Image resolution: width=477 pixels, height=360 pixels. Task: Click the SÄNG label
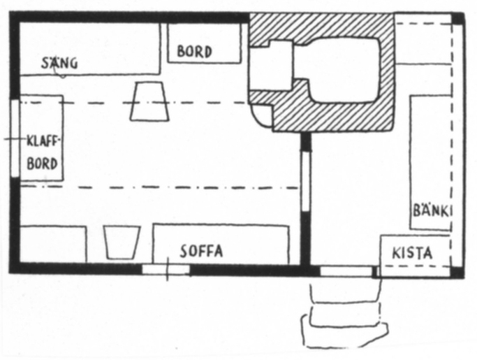(x=59, y=63)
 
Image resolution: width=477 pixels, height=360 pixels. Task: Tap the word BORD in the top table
(x=194, y=52)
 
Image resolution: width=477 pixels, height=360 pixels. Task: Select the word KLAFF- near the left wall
(x=44, y=141)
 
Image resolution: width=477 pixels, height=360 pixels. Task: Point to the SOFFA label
(x=201, y=251)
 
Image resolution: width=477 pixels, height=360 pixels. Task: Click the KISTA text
(x=412, y=253)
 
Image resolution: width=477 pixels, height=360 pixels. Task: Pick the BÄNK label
(x=432, y=211)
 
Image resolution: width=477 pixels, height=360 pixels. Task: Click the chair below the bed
(x=149, y=101)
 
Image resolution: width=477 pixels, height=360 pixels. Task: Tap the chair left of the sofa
(x=122, y=243)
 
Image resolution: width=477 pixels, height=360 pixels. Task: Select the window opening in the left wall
(x=15, y=138)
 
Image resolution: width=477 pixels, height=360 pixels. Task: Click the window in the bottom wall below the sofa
(x=166, y=270)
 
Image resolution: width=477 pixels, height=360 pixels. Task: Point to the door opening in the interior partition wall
(x=306, y=181)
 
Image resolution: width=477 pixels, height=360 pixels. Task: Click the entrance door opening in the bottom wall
(x=346, y=271)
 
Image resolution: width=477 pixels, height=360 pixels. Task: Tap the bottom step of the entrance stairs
(x=345, y=332)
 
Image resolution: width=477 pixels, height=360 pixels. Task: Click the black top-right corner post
(x=458, y=18)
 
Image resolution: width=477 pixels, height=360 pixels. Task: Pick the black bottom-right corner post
(x=457, y=273)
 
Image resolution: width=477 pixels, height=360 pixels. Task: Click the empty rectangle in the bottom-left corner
(x=53, y=244)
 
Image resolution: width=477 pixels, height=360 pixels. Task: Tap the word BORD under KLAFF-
(x=42, y=164)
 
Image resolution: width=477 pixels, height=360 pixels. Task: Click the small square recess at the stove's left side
(x=272, y=66)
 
